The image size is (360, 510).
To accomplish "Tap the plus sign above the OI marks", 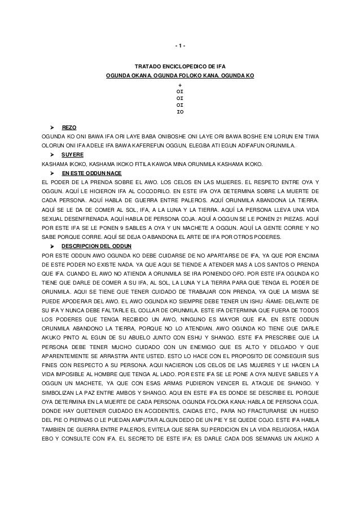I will tap(179, 83).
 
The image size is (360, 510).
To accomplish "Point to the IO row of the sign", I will tap(179, 112).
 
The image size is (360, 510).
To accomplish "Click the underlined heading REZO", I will tap(69, 128).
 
